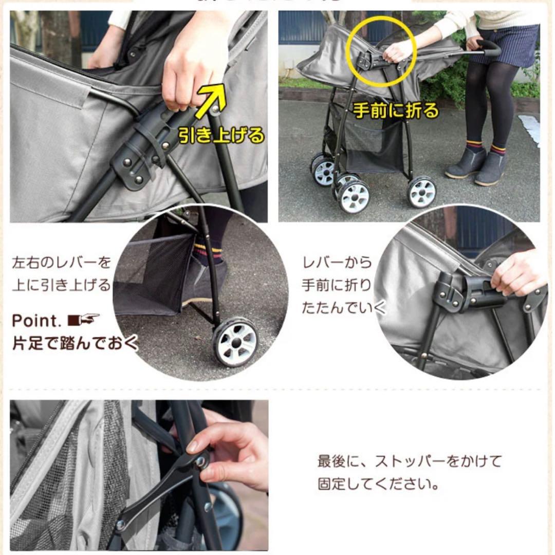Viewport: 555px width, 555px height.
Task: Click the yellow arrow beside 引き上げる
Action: point(212,100)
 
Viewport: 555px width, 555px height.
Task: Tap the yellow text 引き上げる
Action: point(221,135)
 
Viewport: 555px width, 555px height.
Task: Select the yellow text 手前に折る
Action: point(396,110)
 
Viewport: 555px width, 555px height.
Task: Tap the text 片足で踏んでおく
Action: point(75,343)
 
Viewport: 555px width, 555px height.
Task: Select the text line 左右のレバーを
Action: point(61,263)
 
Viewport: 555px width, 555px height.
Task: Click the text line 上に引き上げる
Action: point(61,284)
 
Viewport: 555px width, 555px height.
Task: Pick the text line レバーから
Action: point(337,263)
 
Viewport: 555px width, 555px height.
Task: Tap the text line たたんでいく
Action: point(343,308)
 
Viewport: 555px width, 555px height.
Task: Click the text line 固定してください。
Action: point(378,484)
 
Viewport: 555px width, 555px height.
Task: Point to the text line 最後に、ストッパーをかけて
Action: point(409,461)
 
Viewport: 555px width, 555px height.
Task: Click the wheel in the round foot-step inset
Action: point(235,341)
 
